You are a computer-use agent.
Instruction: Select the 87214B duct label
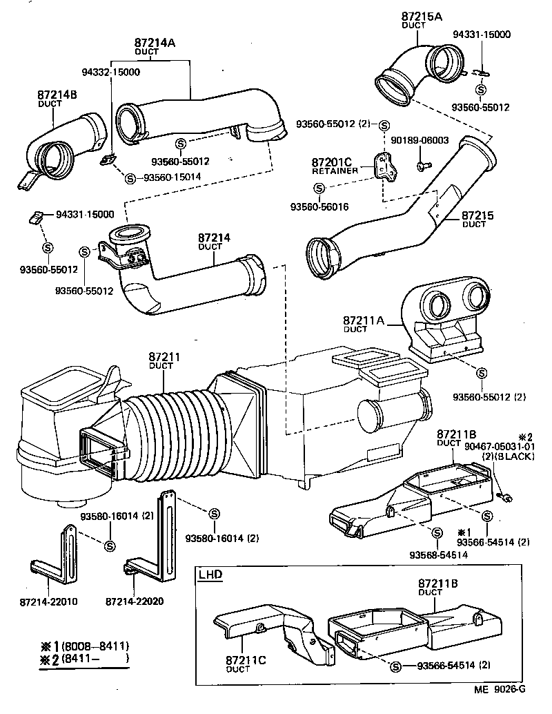pos(57,95)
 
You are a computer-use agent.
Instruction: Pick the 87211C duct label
pos(244,661)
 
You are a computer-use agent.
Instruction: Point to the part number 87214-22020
pos(135,601)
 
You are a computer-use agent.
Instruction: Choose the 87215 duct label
pos(477,216)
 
